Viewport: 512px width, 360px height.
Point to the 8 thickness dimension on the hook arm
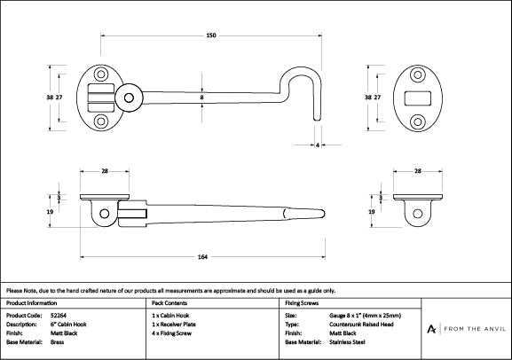point(202,98)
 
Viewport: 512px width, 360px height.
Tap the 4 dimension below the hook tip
point(318,146)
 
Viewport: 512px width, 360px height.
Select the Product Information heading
point(31,302)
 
